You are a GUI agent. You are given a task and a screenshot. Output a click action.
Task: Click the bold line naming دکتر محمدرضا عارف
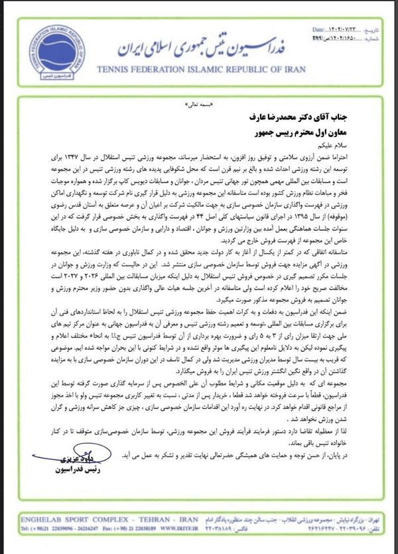(300, 117)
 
